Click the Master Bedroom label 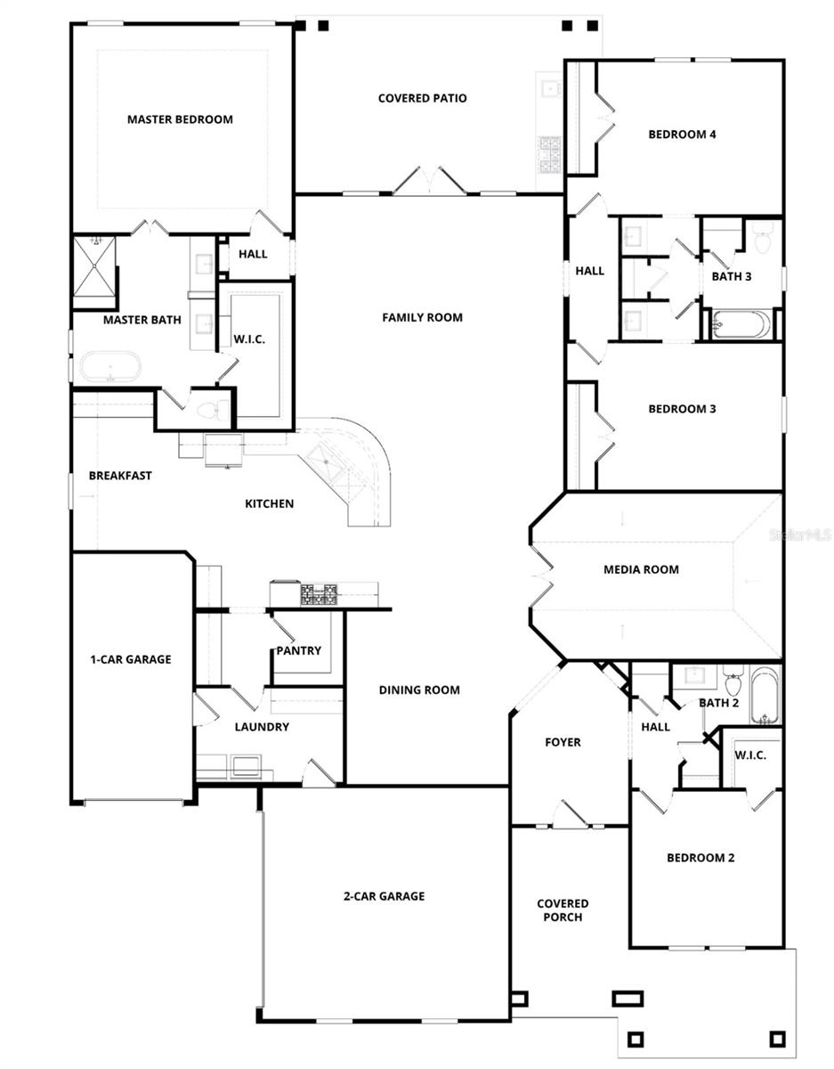[x=180, y=119]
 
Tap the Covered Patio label [x=422, y=98]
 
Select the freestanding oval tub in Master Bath [x=110, y=366]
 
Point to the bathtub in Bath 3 [x=741, y=323]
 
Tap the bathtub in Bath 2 [x=765, y=695]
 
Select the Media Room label [x=641, y=569]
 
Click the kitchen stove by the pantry [x=319, y=594]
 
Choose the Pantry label [x=298, y=651]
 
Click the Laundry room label [x=262, y=727]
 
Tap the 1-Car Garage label [x=130, y=660]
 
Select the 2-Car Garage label [x=385, y=896]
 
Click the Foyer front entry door [x=570, y=815]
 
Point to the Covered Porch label [x=563, y=910]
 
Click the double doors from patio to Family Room [x=429, y=181]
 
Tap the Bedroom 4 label [x=682, y=135]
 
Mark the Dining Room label [x=419, y=690]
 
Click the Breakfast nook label [x=120, y=476]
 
